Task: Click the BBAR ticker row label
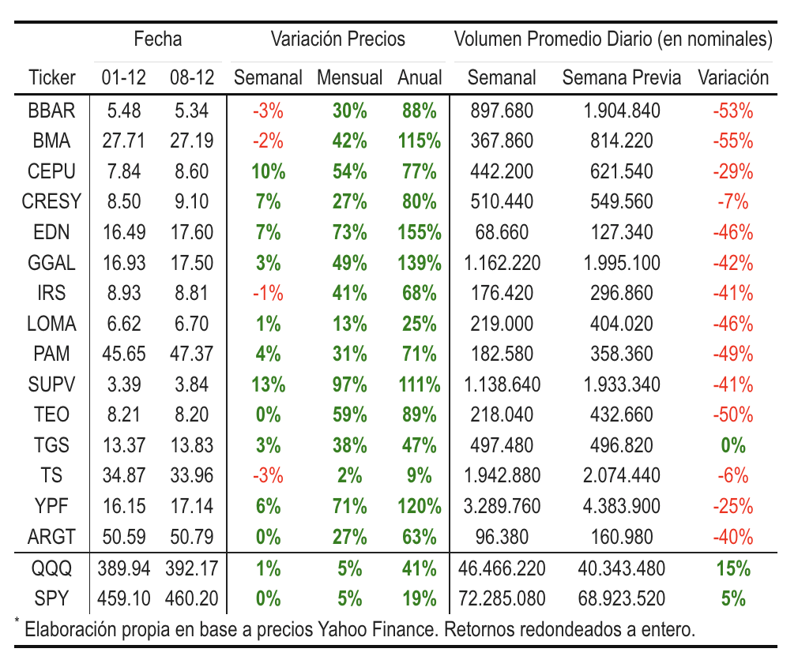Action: tap(51, 111)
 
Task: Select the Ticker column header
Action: tap(51, 77)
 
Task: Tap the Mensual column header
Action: tap(349, 77)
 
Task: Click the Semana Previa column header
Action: tap(621, 77)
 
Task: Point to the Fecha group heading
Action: tap(158, 39)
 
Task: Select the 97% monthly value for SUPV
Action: tap(349, 384)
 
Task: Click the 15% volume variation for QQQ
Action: tap(733, 568)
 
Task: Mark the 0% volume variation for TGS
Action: tap(733, 445)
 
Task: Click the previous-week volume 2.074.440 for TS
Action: tap(621, 476)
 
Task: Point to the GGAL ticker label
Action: tap(51, 263)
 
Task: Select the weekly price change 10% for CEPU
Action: tap(268, 171)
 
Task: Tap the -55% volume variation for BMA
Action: tap(733, 141)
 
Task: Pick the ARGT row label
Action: tap(51, 537)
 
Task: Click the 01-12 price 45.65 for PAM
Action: tap(124, 354)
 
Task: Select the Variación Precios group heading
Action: tap(338, 39)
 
